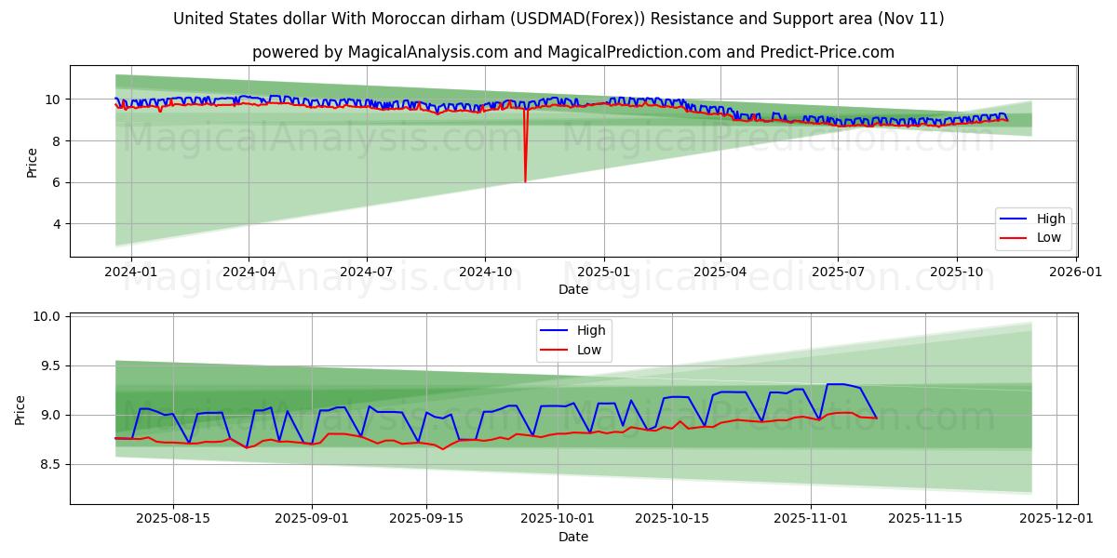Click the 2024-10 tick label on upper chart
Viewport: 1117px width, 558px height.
click(484, 272)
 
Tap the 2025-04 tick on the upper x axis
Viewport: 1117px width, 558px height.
click(720, 272)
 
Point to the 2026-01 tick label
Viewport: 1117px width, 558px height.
click(1076, 272)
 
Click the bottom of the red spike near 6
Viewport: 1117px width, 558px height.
click(525, 181)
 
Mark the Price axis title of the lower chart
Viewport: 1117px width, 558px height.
click(20, 409)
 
